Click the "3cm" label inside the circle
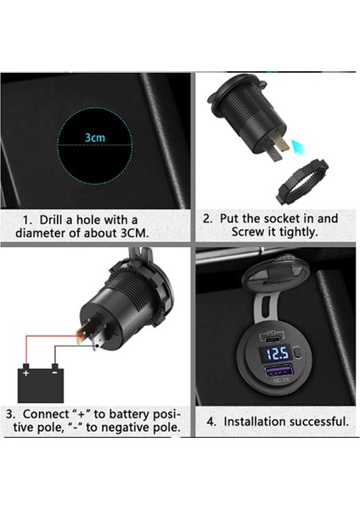click(95, 137)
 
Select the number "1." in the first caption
click(28, 220)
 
